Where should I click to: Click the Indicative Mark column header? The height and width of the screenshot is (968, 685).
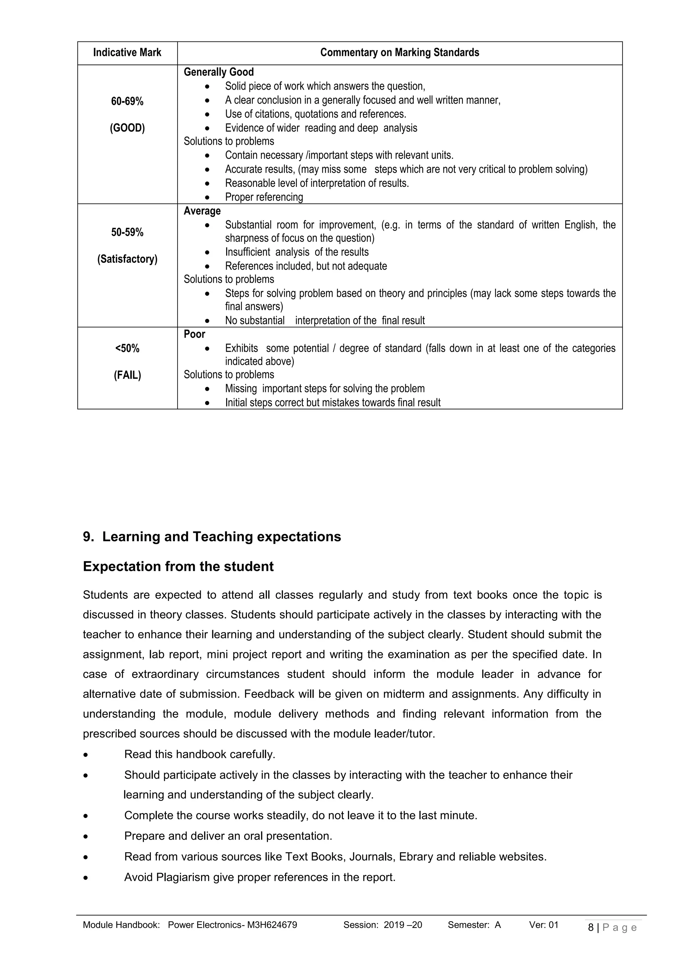[x=127, y=53]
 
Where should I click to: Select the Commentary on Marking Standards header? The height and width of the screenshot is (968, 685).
[x=399, y=53]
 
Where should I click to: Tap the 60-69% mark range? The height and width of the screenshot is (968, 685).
[x=127, y=101]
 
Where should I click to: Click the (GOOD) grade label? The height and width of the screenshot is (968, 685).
[x=127, y=128]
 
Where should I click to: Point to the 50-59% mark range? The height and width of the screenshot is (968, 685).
[x=127, y=232]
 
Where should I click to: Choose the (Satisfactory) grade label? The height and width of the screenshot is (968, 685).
[x=127, y=259]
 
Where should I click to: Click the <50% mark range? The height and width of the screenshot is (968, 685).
[x=127, y=348]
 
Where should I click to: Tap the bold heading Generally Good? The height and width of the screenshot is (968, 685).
[x=218, y=72]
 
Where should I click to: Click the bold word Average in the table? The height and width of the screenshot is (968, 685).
[x=202, y=211]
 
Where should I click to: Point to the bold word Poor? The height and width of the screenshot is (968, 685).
[x=194, y=334]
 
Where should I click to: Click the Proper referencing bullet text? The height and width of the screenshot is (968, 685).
[x=264, y=197]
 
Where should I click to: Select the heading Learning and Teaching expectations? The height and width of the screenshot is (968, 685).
[x=221, y=537]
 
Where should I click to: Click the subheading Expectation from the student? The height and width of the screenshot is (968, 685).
[x=178, y=566]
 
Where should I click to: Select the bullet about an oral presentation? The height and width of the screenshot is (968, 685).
[x=228, y=836]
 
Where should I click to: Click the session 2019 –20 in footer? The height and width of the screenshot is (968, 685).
[x=402, y=925]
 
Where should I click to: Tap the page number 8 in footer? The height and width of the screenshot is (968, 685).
[x=591, y=927]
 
